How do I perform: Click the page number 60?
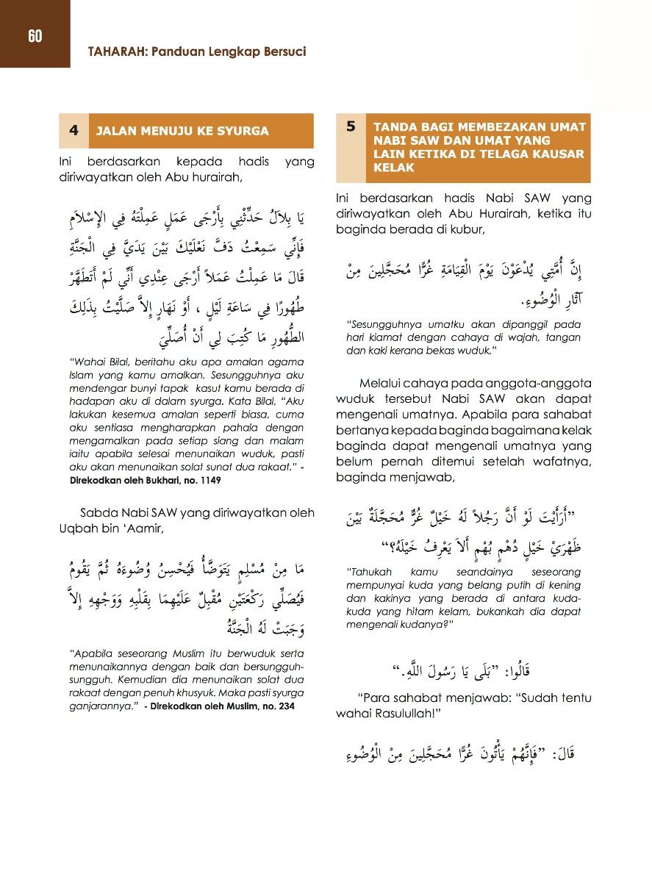tap(35, 36)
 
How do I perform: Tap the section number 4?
tap(74, 130)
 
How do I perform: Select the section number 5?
tap(351, 126)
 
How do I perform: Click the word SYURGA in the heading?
tap(244, 131)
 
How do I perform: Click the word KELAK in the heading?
tap(394, 168)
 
